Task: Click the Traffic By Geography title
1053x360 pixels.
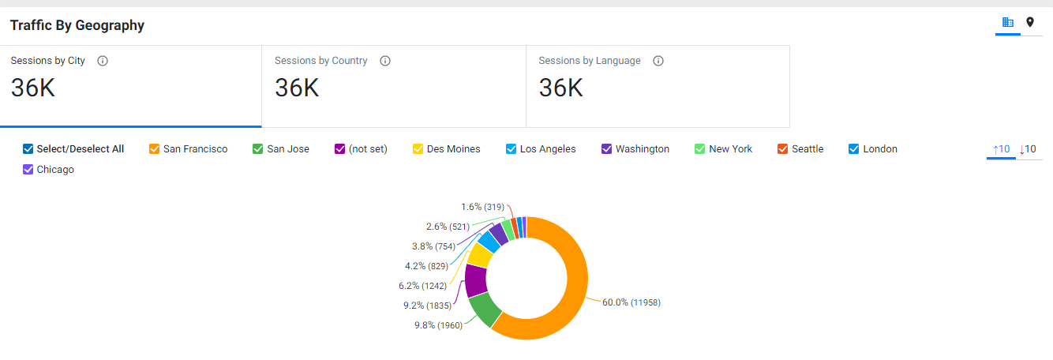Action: pyautogui.click(x=77, y=25)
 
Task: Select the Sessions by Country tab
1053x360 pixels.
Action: pyautogui.click(x=393, y=87)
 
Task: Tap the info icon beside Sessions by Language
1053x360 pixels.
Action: pyautogui.click(x=658, y=61)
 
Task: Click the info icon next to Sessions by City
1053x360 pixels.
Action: pyautogui.click(x=103, y=61)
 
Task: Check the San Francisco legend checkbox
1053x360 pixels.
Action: pyautogui.click(x=154, y=149)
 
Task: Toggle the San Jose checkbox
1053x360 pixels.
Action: pyautogui.click(x=257, y=149)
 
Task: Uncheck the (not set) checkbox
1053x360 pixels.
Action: pyautogui.click(x=340, y=149)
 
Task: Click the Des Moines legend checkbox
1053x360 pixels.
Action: pyautogui.click(x=418, y=149)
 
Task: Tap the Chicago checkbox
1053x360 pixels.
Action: pyautogui.click(x=28, y=170)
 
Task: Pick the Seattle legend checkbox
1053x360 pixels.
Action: pyautogui.click(x=783, y=149)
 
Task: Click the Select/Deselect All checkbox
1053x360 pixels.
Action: pyautogui.click(x=28, y=149)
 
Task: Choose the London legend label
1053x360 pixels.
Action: pyautogui.click(x=880, y=149)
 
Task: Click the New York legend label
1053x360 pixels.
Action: pyautogui.click(x=730, y=149)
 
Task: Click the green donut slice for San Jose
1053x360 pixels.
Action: pyautogui.click(x=485, y=309)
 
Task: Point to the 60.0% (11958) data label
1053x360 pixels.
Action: pyautogui.click(x=631, y=302)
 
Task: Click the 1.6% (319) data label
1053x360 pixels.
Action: pyautogui.click(x=482, y=207)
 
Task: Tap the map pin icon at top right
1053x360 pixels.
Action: pyautogui.click(x=1030, y=22)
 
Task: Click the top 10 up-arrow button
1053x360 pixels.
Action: pyautogui.click(x=1001, y=149)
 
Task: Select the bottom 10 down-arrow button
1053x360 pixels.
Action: pyautogui.click(x=1028, y=149)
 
